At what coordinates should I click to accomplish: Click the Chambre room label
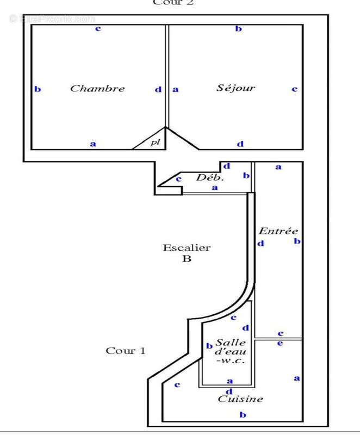[x=97, y=88]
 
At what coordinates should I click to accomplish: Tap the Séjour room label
[x=235, y=88]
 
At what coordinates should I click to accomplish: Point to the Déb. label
[x=210, y=177]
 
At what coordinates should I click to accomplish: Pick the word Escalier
[x=187, y=248]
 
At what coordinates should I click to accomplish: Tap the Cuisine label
[x=240, y=399]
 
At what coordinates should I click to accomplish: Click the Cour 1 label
[x=126, y=351]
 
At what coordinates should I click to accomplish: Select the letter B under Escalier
[x=187, y=259]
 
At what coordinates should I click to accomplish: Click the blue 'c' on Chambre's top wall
[x=98, y=28]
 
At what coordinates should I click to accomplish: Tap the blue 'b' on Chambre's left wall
[x=38, y=89]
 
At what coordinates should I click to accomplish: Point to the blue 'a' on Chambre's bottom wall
[x=93, y=144]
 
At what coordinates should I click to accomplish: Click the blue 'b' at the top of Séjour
[x=238, y=28]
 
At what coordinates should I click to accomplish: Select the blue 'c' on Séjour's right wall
[x=294, y=89]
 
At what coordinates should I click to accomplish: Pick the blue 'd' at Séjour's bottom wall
[x=240, y=144]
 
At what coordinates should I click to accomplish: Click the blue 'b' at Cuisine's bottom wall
[x=243, y=415]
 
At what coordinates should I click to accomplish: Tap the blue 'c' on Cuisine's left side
[x=177, y=385]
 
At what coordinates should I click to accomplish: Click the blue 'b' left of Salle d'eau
[x=209, y=346]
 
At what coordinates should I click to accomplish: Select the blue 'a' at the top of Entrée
[x=278, y=167]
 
